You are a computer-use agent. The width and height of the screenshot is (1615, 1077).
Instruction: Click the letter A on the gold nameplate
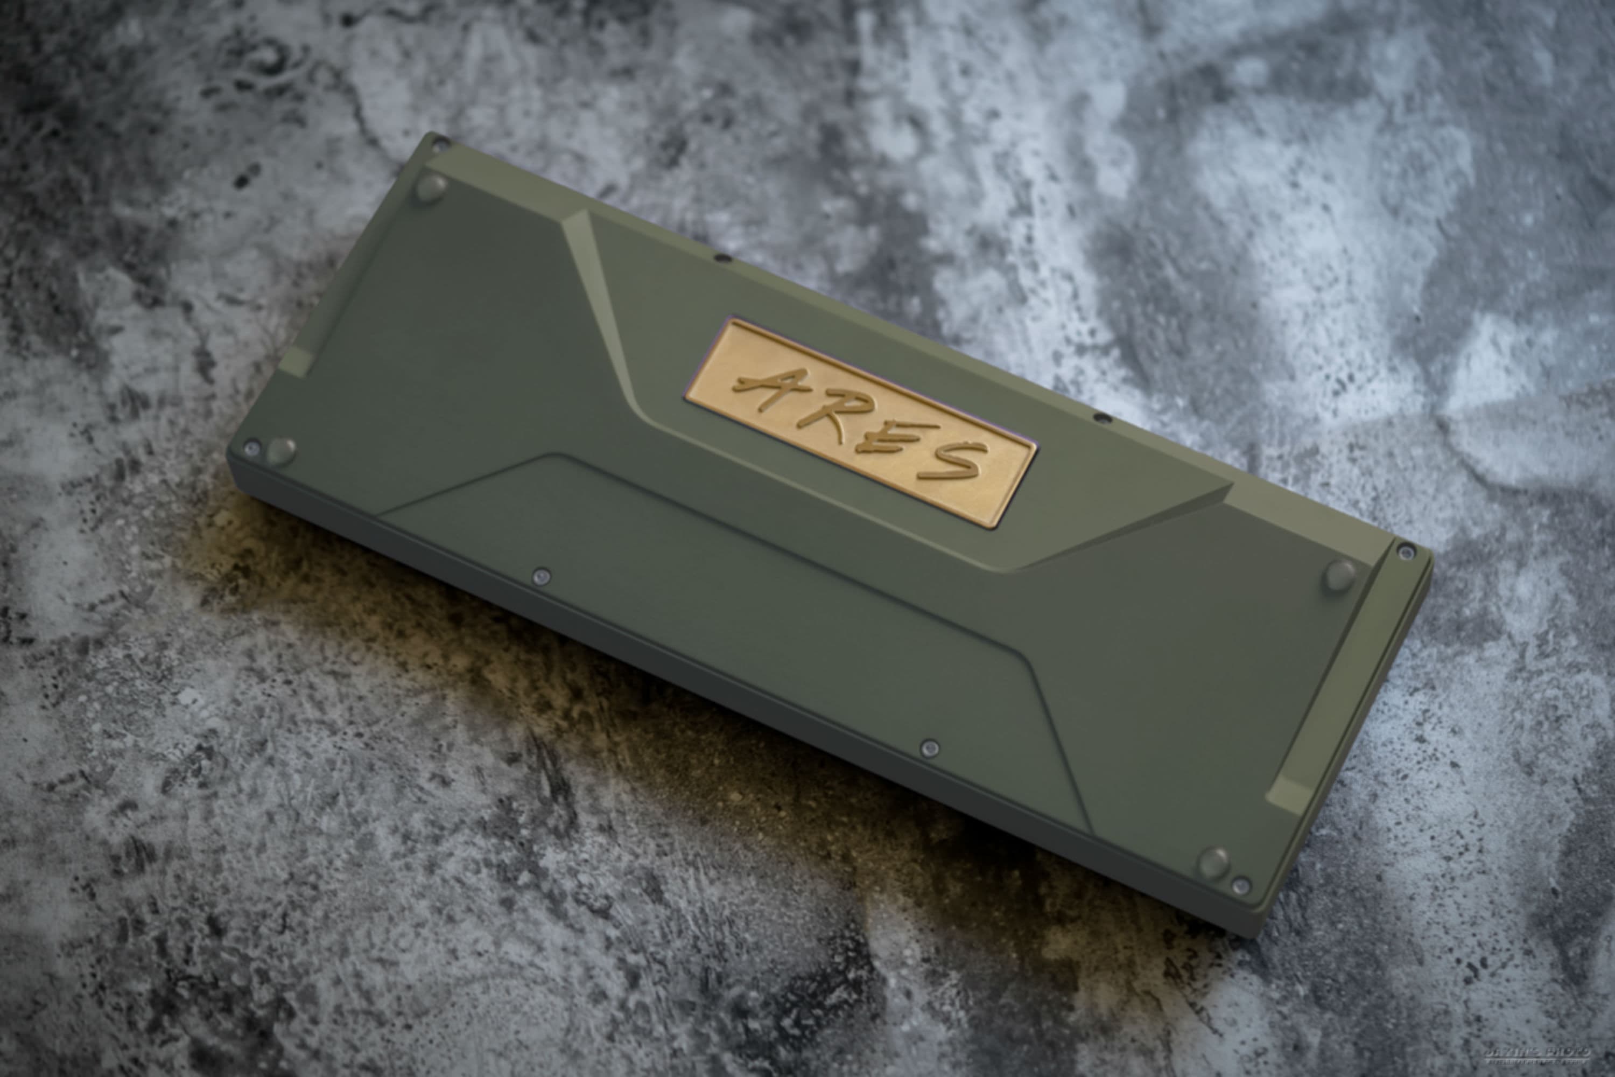coord(766,388)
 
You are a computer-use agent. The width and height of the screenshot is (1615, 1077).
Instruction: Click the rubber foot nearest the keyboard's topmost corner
coord(431,187)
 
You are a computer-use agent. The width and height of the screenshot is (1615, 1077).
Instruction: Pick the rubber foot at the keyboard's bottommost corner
coord(1214,862)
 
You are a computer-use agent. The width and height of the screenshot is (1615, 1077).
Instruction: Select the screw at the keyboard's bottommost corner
coord(1241,885)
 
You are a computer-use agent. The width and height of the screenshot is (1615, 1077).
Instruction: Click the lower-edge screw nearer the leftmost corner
coord(542,576)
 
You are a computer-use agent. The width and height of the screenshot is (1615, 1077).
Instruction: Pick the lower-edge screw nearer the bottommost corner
coord(930,748)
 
